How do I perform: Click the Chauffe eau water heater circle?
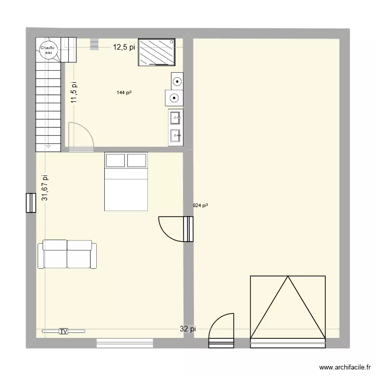[48, 49]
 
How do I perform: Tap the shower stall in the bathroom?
[157, 52]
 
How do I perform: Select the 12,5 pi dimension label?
[123, 48]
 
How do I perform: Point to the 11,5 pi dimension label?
[74, 93]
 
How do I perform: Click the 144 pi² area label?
[124, 92]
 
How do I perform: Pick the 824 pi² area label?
[200, 205]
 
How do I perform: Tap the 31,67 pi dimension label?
[45, 188]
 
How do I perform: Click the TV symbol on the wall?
[63, 331]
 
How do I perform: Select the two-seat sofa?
[67, 254]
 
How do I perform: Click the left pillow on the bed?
[115, 160]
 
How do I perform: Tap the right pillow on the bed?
[137, 160]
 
